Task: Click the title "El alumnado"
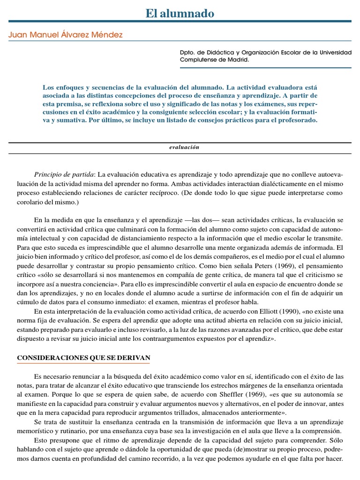pyautogui.click(x=180, y=14)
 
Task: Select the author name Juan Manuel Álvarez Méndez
pyautogui.click(x=66, y=35)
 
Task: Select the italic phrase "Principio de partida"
pyautogui.click(x=64, y=174)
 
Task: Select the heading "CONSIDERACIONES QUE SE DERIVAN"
pyautogui.click(x=83, y=358)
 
